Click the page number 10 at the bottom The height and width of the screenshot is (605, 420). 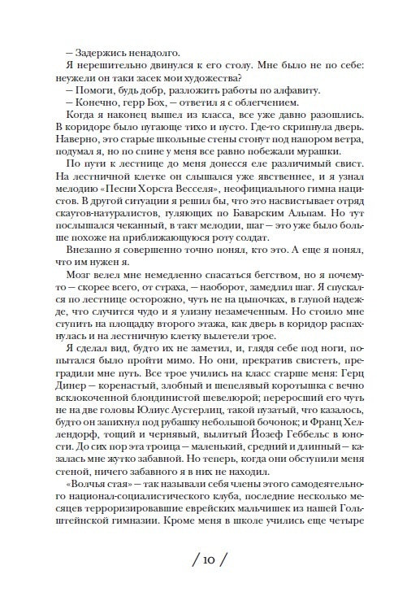210,563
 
